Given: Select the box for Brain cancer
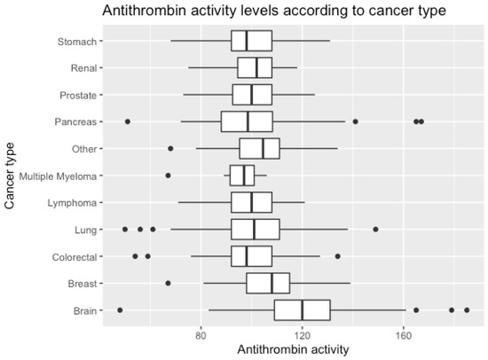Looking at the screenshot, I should pos(302,310).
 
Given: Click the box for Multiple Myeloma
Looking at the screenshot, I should pos(242,176).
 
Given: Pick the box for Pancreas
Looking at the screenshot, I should pos(247,121).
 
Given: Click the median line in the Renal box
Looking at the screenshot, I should pos(256,67).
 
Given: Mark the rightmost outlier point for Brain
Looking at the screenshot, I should pos(467,310).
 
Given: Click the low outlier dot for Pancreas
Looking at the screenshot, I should pos(128,121).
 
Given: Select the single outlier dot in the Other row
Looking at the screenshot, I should pos(170,148).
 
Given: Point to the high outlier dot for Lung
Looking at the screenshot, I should pos(375,229).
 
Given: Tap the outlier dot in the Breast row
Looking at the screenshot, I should pos(168,283).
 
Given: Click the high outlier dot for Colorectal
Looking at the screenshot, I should pos(337,256).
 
